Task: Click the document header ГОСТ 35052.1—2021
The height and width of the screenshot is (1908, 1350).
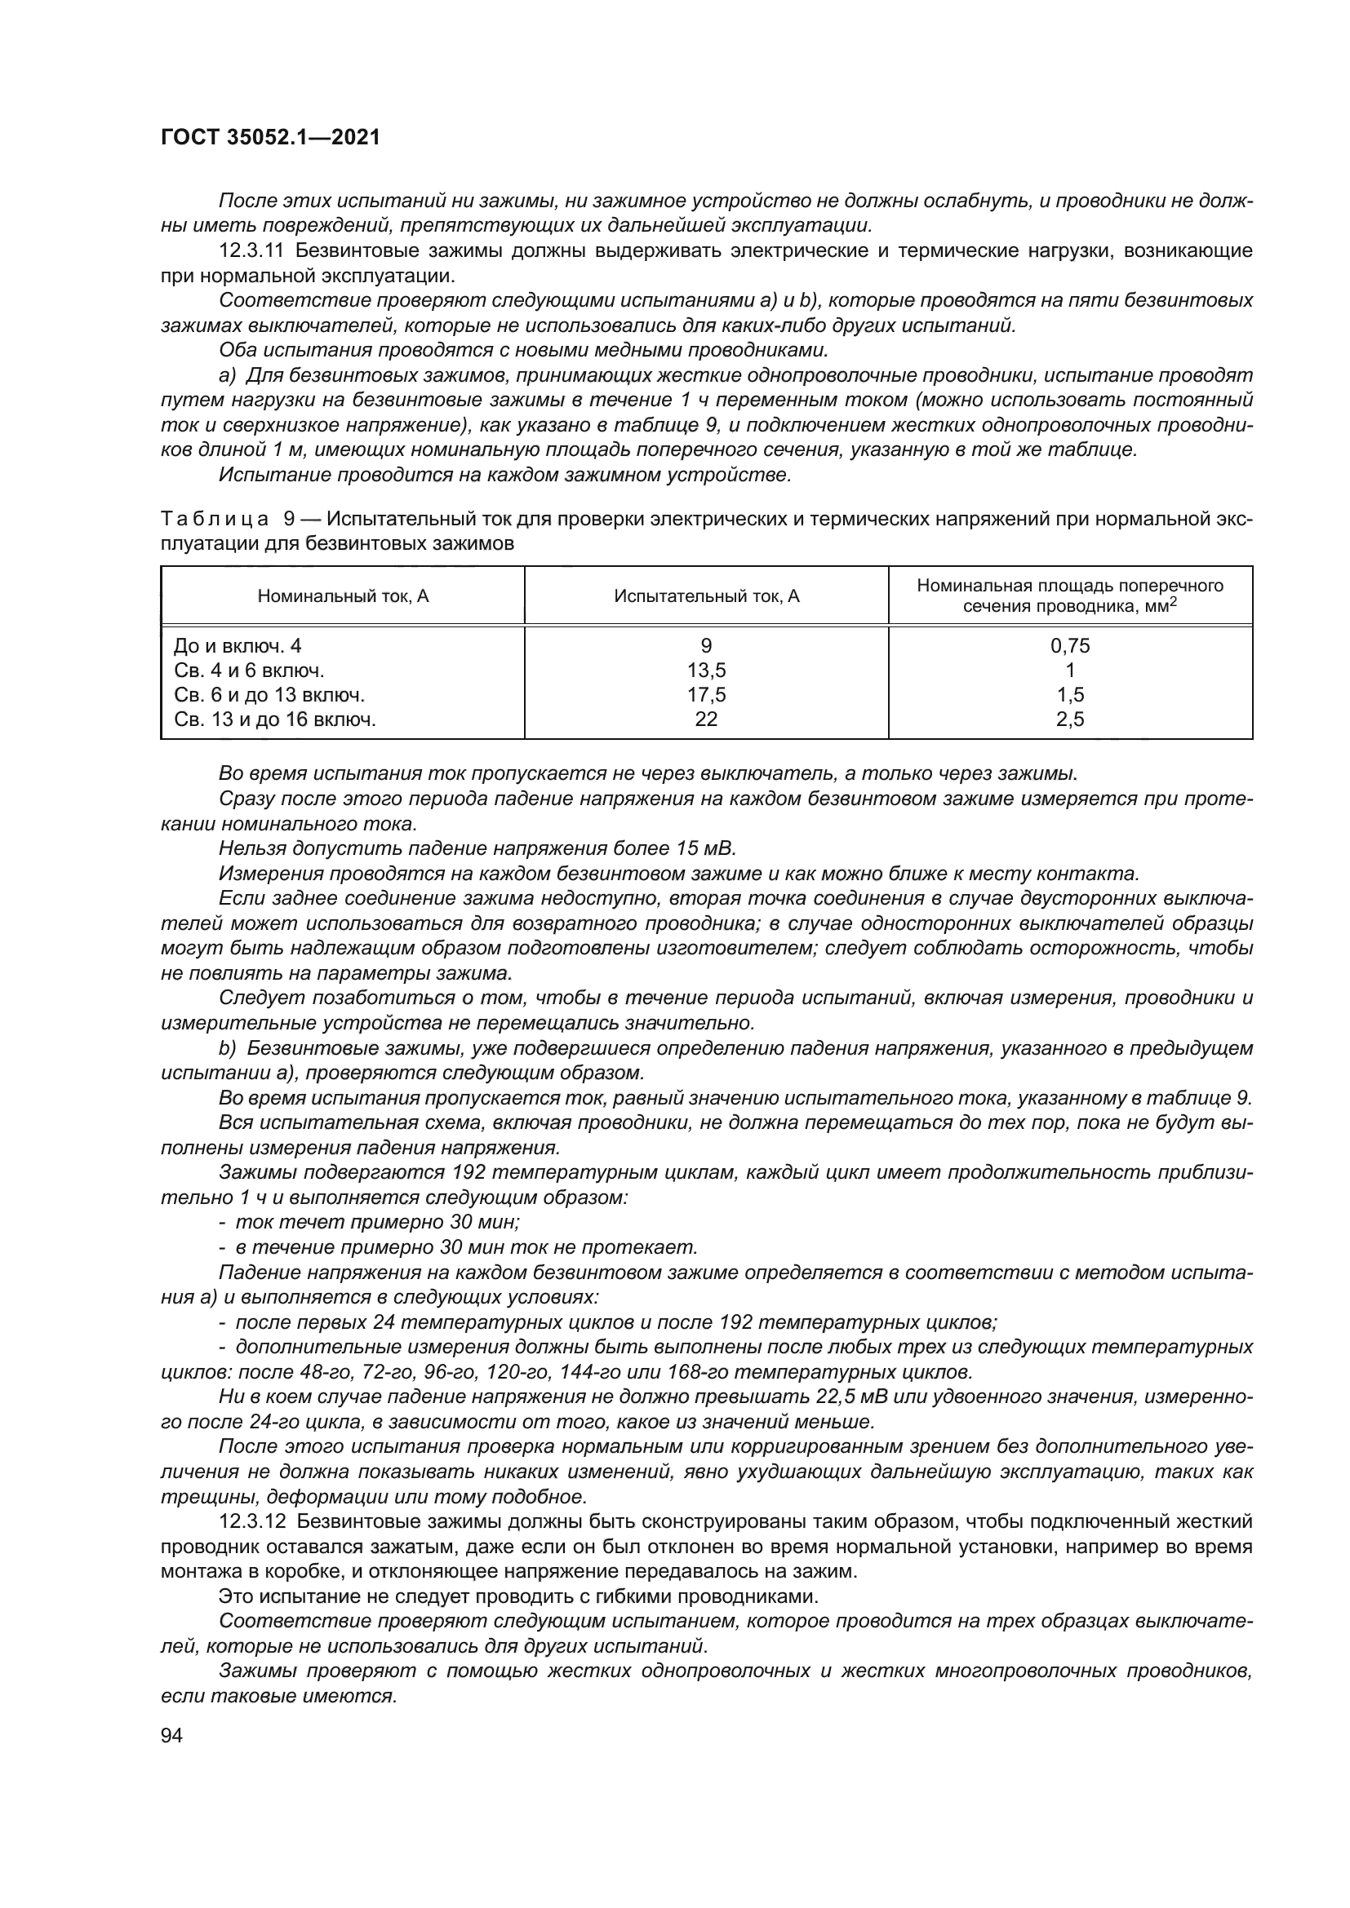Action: pyautogui.click(x=270, y=138)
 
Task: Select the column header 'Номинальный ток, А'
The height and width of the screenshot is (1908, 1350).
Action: pyautogui.click(x=343, y=595)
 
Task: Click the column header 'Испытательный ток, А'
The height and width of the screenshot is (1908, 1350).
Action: pyautogui.click(x=707, y=595)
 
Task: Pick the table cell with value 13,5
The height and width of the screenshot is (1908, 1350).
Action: pyautogui.click(x=707, y=670)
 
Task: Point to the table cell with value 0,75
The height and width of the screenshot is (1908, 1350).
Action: pyautogui.click(x=1070, y=646)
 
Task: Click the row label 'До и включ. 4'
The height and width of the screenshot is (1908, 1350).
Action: pyautogui.click(x=232, y=646)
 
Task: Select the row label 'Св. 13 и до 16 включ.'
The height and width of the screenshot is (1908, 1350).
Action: pyautogui.click(x=275, y=719)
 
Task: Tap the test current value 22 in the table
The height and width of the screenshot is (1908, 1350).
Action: pyautogui.click(x=707, y=719)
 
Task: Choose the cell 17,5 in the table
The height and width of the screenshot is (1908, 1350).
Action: pyautogui.click(x=707, y=695)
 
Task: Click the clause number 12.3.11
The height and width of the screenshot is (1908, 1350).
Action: pyautogui.click(x=252, y=251)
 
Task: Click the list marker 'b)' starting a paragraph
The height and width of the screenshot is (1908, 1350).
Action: pyautogui.click(x=228, y=1048)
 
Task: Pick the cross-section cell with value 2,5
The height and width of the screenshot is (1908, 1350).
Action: pyautogui.click(x=1070, y=719)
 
